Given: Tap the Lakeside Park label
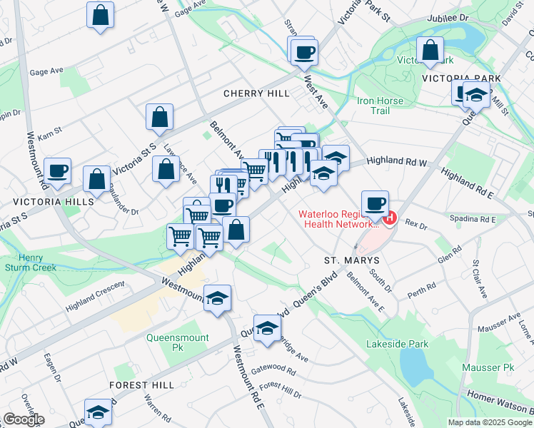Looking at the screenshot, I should (397, 344).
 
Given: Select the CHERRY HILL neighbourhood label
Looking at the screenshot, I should (256, 93).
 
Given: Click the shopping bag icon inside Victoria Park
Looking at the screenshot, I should (430, 51).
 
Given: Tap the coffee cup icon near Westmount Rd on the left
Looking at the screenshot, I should (57, 171).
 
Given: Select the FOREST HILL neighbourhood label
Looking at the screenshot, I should (141, 384).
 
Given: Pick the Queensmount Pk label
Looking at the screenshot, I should (177, 342).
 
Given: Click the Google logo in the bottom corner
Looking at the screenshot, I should (24, 419).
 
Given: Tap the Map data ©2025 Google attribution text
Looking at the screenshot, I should (490, 422).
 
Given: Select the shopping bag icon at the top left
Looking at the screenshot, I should (101, 14).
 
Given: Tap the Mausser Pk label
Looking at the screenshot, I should (488, 367).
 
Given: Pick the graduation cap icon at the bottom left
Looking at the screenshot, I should (98, 412).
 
